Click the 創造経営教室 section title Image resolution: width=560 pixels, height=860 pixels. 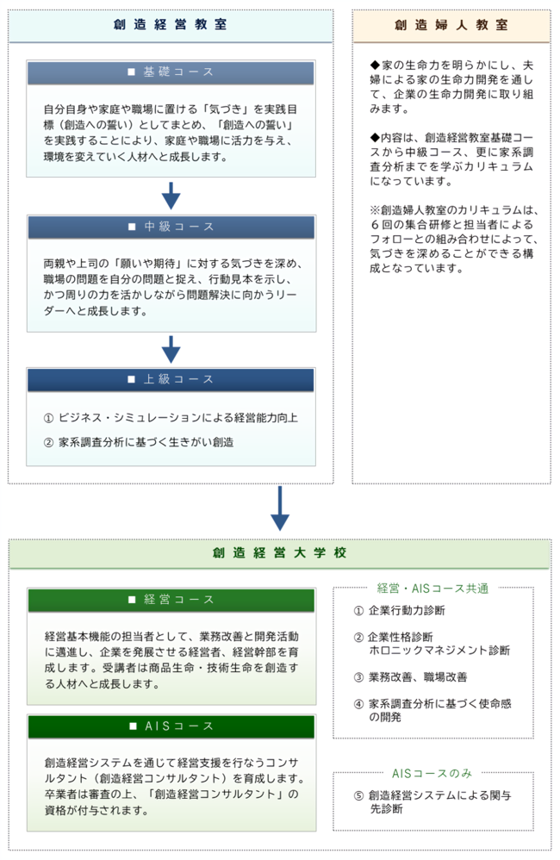(170, 25)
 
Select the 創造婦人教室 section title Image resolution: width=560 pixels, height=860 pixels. (451, 25)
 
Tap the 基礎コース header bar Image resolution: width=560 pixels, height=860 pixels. (171, 72)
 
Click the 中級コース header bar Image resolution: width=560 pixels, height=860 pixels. (171, 227)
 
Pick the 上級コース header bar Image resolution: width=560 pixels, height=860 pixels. (171, 379)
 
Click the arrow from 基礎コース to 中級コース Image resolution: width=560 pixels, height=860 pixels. (171, 196)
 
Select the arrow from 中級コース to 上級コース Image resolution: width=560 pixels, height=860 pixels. (171, 349)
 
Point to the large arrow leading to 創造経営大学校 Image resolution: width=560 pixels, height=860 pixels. (280, 508)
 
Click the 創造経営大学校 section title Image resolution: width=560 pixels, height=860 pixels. (280, 553)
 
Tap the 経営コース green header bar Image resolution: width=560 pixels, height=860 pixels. (171, 600)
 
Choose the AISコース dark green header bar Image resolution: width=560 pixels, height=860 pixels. (171, 726)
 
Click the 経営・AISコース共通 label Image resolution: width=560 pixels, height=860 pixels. (432, 589)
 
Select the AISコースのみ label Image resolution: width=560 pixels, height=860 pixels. (432, 773)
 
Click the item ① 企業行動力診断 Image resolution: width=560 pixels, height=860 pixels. (399, 610)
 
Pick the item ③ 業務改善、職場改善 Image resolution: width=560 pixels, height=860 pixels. (410, 677)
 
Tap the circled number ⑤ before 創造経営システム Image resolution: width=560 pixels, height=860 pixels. (358, 796)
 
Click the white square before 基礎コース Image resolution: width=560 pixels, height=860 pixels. (131, 72)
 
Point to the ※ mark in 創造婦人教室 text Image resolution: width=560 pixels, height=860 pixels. (375, 210)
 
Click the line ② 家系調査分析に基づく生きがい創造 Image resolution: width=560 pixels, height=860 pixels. (139, 442)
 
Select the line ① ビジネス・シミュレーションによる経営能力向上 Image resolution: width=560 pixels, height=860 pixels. (171, 418)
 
